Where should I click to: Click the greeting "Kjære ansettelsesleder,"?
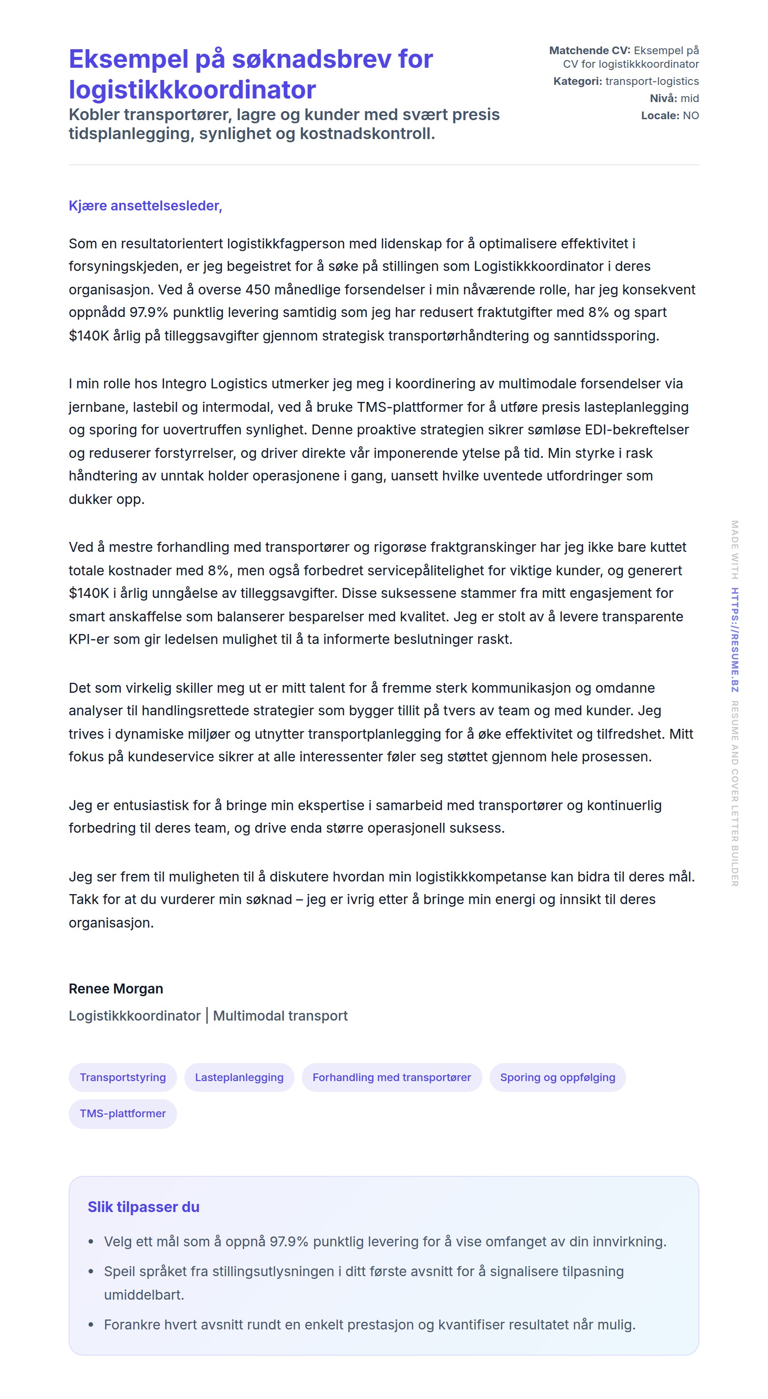tap(145, 206)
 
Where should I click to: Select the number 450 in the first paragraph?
tap(258, 289)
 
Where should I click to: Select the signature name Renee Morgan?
tap(116, 989)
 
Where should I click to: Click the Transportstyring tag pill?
tap(123, 1077)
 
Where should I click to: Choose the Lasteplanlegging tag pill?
tap(239, 1077)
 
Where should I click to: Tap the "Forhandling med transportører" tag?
tap(392, 1077)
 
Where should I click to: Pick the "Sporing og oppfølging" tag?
tap(557, 1077)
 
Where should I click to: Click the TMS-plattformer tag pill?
tap(123, 1113)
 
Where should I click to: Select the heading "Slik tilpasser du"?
tap(143, 1207)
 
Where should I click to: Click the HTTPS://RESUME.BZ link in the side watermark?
tap(734, 640)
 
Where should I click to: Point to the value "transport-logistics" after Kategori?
tap(652, 81)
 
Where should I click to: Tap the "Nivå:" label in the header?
tap(664, 98)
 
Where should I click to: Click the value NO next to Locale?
tap(691, 116)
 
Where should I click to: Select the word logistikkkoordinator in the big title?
tap(192, 89)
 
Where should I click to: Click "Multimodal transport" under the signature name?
tap(280, 1016)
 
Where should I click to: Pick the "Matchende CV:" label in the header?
tap(589, 51)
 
